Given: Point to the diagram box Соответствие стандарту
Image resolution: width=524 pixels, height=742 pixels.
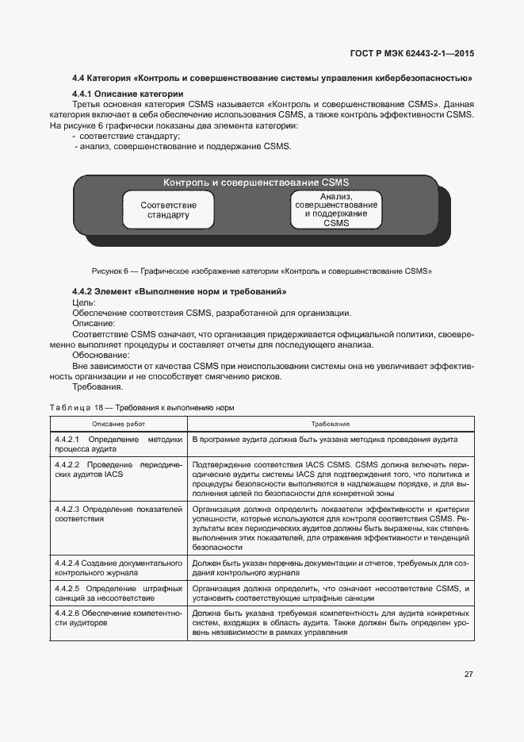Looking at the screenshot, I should [168, 210].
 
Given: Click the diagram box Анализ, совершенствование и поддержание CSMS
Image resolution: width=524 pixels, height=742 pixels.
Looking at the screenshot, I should [336, 210].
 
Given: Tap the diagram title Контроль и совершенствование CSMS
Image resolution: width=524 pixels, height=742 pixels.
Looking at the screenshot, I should [256, 183].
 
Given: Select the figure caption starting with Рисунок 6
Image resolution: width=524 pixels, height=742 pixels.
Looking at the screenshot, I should [262, 271].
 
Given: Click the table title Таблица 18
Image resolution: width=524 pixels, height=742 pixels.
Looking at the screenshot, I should [142, 407].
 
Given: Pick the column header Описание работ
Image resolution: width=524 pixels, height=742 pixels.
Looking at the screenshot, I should [119, 425].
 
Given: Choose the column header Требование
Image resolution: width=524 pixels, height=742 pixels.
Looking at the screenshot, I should [331, 425].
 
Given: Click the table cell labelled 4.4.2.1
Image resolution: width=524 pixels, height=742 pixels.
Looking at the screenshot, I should [119, 444].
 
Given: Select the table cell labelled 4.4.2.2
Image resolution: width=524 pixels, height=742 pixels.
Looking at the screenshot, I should [119, 468].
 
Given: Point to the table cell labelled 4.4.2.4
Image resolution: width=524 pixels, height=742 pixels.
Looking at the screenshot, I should [119, 567].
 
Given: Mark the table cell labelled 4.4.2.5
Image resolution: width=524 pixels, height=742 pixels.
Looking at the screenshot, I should [119, 594].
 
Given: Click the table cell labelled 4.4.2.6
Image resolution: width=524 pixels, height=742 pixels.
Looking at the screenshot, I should [119, 618].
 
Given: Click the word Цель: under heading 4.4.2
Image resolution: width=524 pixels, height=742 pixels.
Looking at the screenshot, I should [83, 302].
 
